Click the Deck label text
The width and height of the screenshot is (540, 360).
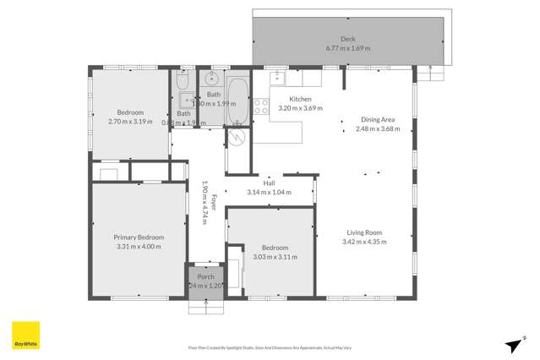click(x=348, y=39)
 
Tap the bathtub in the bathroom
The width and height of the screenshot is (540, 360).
click(x=237, y=102)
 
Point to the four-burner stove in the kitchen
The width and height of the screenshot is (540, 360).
click(x=261, y=107)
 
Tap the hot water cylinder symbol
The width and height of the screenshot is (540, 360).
click(x=237, y=139)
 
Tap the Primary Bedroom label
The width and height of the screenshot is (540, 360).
click(x=139, y=237)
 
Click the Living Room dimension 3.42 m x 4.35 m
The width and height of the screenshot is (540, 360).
click(x=365, y=242)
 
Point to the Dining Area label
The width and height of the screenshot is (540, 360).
click(x=376, y=119)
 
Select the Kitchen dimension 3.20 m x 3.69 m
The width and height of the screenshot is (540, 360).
click(x=301, y=108)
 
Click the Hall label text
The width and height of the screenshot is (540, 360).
click(x=269, y=183)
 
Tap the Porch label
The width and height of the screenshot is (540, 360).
click(x=205, y=277)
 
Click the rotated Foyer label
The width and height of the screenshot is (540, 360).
click(x=214, y=203)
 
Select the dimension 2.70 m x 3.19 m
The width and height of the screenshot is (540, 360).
click(x=130, y=122)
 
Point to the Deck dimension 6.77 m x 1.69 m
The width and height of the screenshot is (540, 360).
click(x=348, y=48)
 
